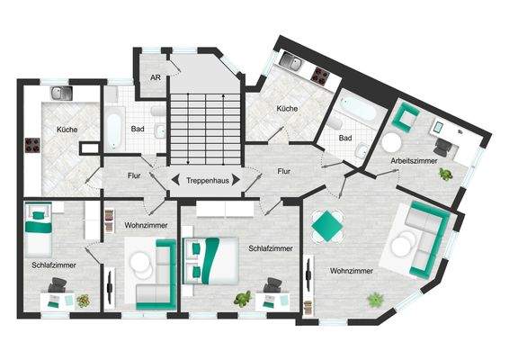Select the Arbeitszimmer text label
coord(413,161)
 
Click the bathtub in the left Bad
coord(113,130)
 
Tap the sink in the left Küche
coord(60,93)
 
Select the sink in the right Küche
coord(292,63)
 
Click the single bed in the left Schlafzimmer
coord(40,230)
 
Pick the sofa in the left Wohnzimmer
coord(156,274)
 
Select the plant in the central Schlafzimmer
coord(240,296)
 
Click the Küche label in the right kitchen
coord(288,108)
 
